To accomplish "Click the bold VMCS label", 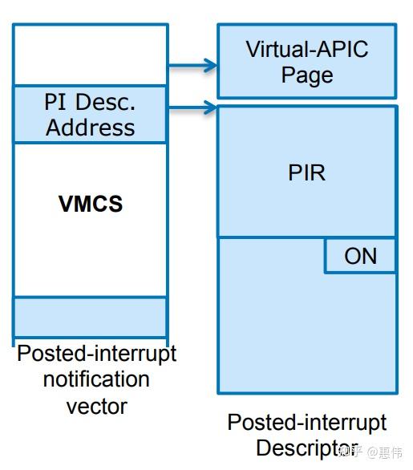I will (x=91, y=204).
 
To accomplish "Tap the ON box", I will (x=360, y=256).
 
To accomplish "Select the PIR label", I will (x=307, y=172).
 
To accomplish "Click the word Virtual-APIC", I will (x=307, y=50).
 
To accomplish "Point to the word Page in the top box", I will (x=307, y=76).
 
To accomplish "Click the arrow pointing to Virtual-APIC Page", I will (x=192, y=65).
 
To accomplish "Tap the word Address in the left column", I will (x=91, y=128).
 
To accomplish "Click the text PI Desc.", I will (x=91, y=103).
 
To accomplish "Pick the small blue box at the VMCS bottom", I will (x=90, y=317).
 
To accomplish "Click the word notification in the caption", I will (x=96, y=379).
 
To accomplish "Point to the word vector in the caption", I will (x=96, y=406).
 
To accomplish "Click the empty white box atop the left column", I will (x=90, y=54).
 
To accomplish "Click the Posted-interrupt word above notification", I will (x=96, y=354).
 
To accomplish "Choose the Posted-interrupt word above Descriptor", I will (x=307, y=423).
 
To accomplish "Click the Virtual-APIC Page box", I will (x=307, y=61).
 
